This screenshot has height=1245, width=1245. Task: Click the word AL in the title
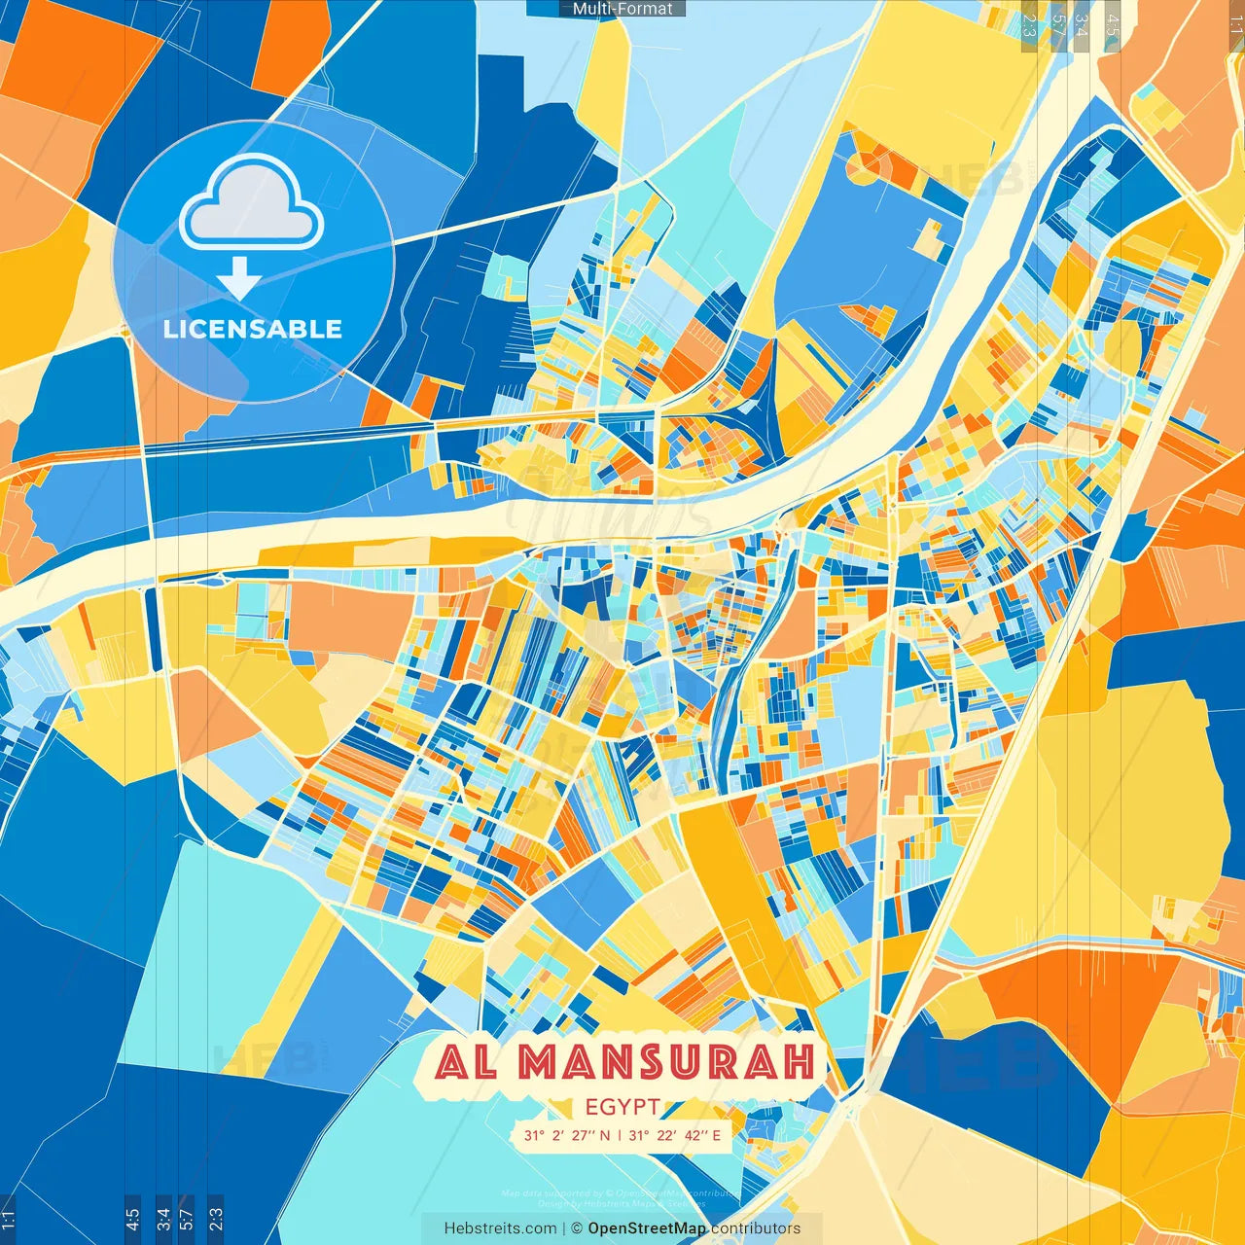pos(466,1062)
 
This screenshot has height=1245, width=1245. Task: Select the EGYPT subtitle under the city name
pos(622,1107)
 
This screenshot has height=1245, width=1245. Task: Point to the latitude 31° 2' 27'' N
pos(567,1135)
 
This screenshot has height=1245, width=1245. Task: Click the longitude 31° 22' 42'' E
pos(675,1135)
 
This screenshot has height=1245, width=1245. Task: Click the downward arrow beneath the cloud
pos(239,278)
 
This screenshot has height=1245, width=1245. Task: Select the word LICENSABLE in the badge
pos(253,329)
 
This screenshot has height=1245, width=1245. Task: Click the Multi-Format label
pos(622,9)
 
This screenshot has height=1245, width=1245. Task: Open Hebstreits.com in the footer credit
pos(500,1228)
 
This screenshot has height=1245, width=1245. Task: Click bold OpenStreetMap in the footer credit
pos(647,1228)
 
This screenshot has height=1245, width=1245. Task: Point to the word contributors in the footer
pos(756,1228)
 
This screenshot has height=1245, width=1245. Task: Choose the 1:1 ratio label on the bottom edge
pos(8,1218)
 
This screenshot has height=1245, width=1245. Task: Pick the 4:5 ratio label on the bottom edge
pos(132,1218)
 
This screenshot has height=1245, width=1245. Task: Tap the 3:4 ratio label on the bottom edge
pos(163,1218)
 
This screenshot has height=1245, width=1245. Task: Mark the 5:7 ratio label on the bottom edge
pos(187,1218)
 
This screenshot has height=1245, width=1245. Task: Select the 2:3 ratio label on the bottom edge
pos(216,1218)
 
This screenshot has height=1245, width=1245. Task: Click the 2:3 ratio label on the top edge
pos(1029,24)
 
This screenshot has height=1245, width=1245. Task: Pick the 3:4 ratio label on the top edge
pos(1082,24)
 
